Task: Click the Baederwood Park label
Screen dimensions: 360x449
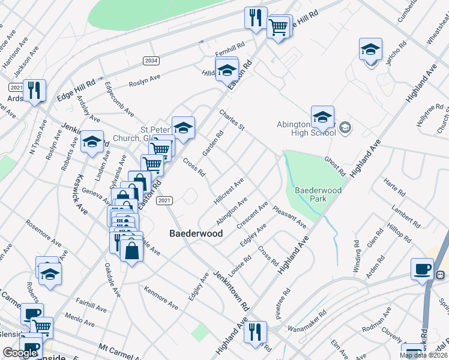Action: tap(318, 194)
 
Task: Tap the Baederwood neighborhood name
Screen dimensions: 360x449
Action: tap(196, 233)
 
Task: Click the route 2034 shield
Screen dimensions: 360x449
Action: tap(151, 61)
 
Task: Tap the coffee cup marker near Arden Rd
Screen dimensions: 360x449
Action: tap(422, 269)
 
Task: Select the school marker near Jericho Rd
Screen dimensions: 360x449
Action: tap(371, 49)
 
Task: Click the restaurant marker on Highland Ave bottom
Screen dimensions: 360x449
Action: tap(255, 332)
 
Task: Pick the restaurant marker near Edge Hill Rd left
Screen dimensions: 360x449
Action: tap(34, 91)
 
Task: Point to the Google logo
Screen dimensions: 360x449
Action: tap(20, 353)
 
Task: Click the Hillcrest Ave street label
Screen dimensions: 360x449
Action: tap(229, 191)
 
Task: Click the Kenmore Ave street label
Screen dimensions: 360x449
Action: tap(161, 298)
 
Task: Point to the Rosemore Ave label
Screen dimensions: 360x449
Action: tap(43, 233)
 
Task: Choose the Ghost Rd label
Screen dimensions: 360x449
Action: tap(335, 167)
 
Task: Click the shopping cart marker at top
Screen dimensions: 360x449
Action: tap(278, 27)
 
